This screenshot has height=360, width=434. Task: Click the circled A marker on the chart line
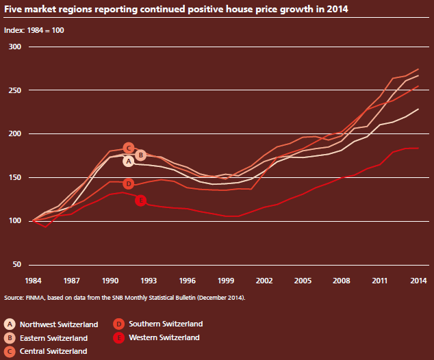128,161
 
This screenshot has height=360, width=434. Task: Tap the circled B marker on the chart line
140,155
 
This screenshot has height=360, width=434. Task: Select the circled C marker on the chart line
128,149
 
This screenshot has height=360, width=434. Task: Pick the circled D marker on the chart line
128,184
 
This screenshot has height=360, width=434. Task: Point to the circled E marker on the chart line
140,201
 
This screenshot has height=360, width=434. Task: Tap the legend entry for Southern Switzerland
157,324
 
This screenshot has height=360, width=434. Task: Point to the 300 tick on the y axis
16,47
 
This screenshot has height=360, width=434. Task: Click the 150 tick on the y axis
16,177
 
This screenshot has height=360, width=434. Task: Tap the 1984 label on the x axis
34,281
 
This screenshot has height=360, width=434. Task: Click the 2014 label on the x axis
418,281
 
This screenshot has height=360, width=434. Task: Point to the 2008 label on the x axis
342,281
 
